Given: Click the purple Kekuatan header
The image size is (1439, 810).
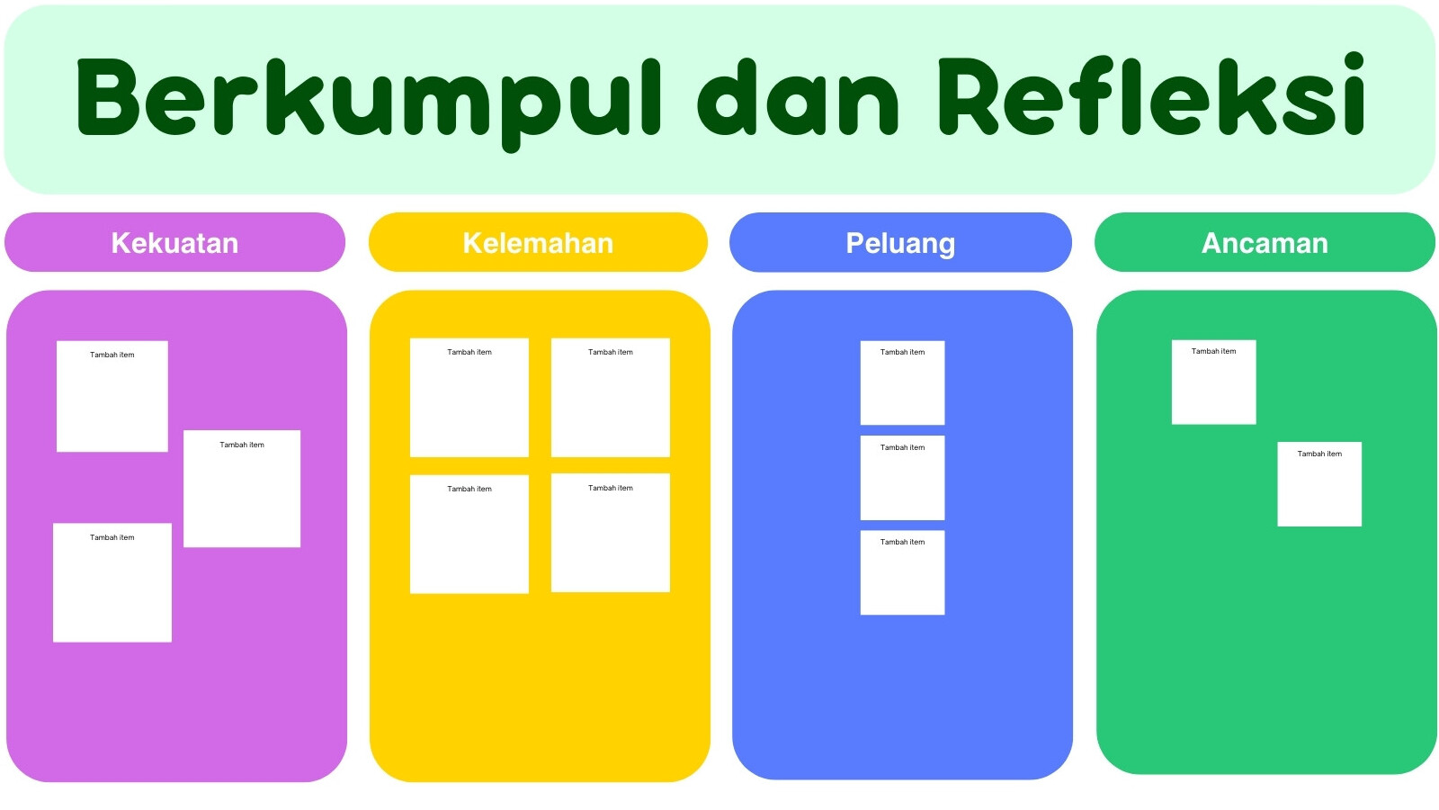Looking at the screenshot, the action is (174, 242).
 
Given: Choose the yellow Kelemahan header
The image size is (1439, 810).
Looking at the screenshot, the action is (539, 242).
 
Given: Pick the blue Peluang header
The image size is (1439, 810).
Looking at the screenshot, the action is (900, 242).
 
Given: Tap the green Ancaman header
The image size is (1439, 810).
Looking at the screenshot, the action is (1265, 242).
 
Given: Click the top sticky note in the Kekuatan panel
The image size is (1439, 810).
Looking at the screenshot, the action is (112, 397).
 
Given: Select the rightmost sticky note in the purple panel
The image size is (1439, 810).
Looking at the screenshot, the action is (242, 489).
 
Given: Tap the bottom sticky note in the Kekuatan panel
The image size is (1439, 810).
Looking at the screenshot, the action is (112, 582).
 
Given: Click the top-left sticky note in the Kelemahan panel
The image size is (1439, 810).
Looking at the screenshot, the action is (469, 398).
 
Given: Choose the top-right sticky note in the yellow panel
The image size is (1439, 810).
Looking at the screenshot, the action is (611, 398).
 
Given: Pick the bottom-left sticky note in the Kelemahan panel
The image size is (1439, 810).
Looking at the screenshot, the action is (469, 535).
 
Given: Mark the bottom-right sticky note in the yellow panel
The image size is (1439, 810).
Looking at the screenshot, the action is (611, 533).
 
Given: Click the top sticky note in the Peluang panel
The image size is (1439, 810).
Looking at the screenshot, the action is (903, 383).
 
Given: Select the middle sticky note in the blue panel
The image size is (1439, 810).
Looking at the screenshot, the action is (903, 478).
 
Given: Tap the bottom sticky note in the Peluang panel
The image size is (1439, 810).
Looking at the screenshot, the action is (903, 572).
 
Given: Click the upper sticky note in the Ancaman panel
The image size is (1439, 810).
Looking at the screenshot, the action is (1214, 382).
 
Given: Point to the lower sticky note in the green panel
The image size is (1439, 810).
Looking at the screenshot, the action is (1319, 484).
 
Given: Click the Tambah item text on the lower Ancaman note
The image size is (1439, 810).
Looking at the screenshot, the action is (1319, 454).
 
